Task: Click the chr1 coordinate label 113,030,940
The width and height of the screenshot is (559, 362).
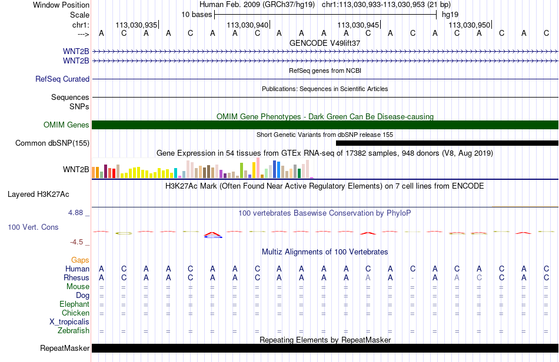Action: coord(247,25)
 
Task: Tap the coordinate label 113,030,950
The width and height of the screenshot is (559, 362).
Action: coord(469,25)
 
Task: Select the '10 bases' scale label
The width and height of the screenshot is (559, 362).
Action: coord(197,15)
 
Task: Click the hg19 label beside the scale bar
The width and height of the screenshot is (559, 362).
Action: coord(450,15)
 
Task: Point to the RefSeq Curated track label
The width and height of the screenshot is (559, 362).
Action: coord(62,79)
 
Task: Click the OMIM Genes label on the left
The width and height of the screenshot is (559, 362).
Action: coord(66,125)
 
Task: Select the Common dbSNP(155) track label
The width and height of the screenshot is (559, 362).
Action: coord(52,143)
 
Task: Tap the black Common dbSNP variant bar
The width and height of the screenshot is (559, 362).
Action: coord(447,143)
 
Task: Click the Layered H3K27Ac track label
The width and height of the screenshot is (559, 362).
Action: coord(38,195)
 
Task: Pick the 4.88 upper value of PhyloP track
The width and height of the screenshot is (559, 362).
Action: coord(75,213)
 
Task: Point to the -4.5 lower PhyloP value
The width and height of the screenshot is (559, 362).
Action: coord(76,242)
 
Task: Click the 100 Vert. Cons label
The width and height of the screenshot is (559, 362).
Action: coord(33,227)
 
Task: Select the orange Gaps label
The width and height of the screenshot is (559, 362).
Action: coord(80,260)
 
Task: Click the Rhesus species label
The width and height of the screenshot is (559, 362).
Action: coord(76,277)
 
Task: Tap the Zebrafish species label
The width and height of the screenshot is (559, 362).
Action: coord(74,331)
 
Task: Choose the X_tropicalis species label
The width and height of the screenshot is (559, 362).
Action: coord(69,322)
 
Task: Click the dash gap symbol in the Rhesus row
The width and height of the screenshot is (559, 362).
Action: coord(412,277)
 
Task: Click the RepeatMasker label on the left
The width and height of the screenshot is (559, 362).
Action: coord(65,348)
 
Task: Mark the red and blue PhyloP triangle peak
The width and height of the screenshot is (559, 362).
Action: coord(213,234)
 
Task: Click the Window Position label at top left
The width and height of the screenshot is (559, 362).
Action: coord(61,5)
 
